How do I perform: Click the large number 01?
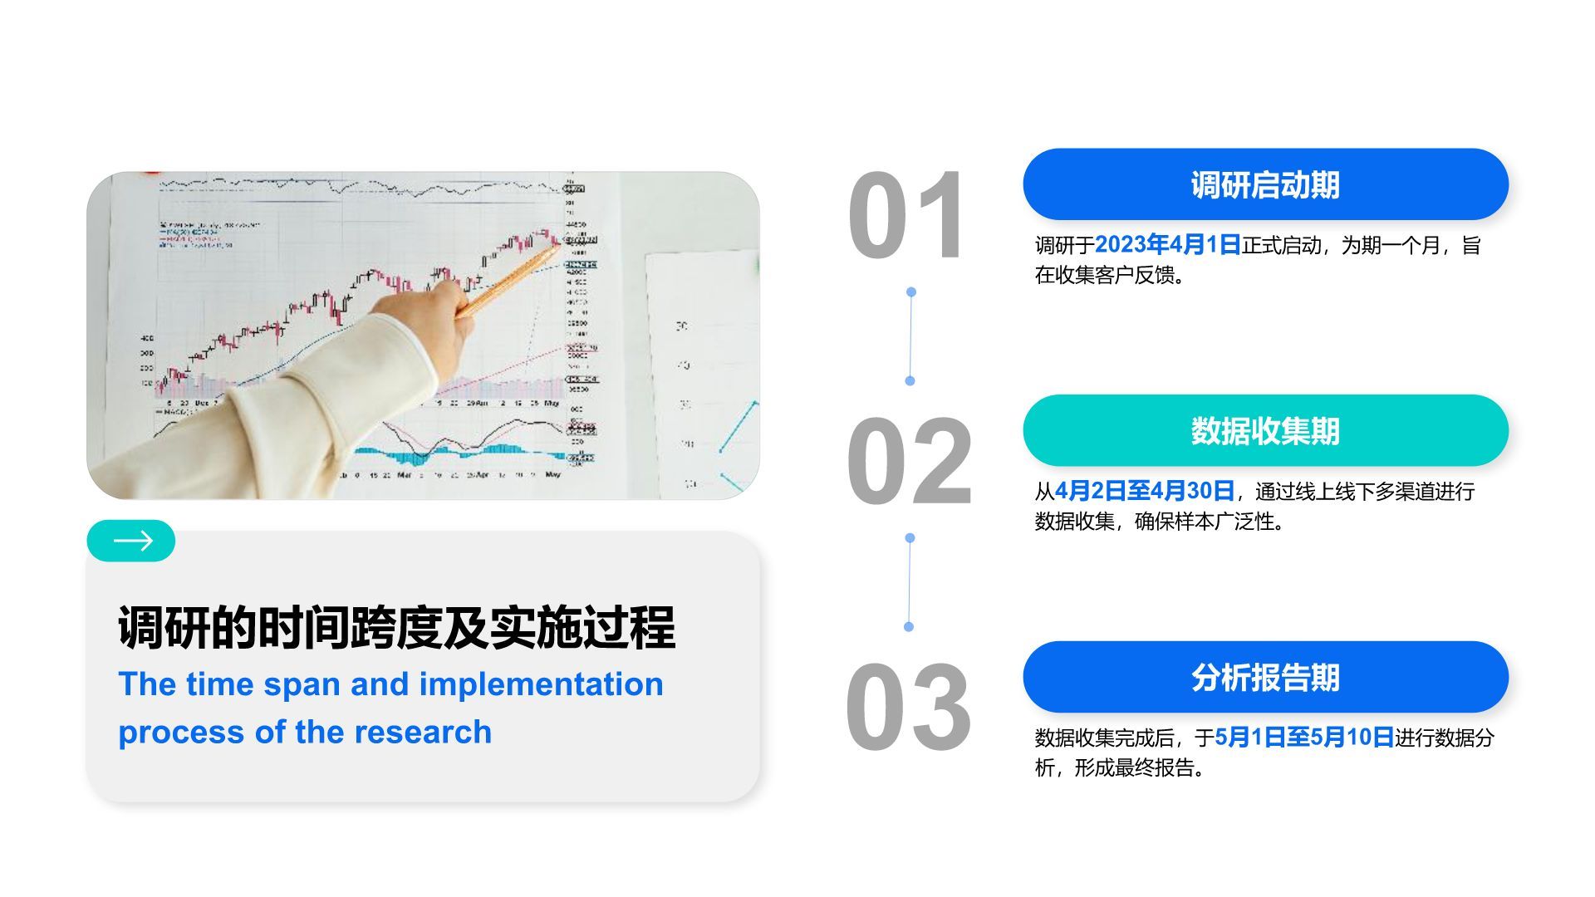(905, 216)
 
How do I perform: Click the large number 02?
(909, 462)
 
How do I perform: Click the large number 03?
(907, 708)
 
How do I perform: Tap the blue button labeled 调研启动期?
(1264, 184)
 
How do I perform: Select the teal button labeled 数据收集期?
(1264, 430)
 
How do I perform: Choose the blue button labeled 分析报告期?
(1264, 677)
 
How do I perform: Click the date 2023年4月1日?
(1166, 245)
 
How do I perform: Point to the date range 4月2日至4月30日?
(1144, 491)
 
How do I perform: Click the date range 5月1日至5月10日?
(1303, 738)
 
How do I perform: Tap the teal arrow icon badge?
(131, 542)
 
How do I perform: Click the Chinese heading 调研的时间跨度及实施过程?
(396, 627)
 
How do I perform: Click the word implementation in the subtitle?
(541, 684)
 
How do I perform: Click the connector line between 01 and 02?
(910, 336)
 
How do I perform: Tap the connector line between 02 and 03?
(910, 582)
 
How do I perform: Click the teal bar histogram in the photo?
(449, 453)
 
